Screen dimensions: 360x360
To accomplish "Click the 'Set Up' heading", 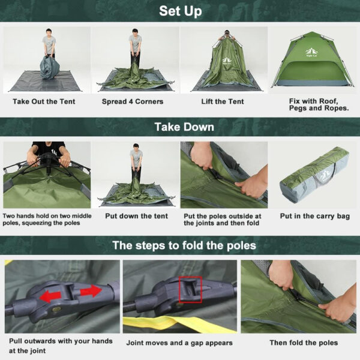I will click(x=180, y=11).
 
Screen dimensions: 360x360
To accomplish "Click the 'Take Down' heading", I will click(x=180, y=127).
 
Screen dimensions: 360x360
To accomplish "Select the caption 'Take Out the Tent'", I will click(x=44, y=101).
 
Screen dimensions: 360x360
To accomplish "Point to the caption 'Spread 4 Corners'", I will click(x=133, y=101).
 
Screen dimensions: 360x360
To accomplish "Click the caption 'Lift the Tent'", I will click(x=223, y=101).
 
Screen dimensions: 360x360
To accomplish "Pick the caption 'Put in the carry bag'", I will click(x=314, y=216).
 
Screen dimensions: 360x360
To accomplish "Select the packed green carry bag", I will click(x=314, y=176).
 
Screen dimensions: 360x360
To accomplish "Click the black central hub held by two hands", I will click(x=46, y=161).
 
